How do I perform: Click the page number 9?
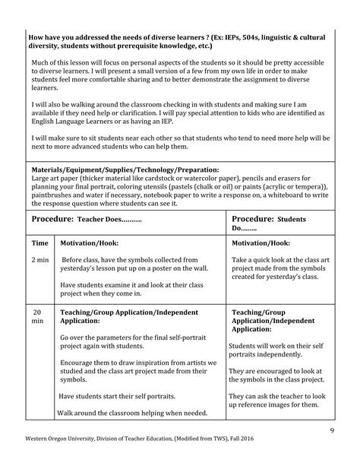pos(332,432)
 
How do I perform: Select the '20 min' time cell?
pos(37,317)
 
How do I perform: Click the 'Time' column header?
pos(39,243)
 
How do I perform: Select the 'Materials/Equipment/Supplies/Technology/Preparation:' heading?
pos(125,170)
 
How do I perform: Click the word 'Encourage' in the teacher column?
pos(77,363)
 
